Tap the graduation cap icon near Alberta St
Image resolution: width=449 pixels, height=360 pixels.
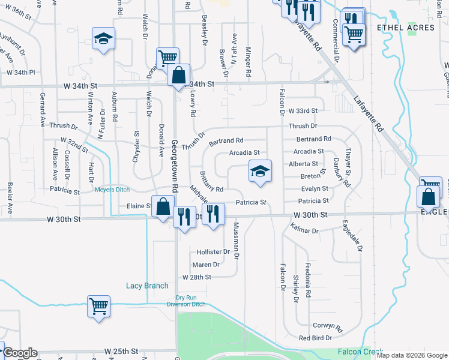tap(261, 171)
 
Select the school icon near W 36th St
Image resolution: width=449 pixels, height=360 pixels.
tap(104, 39)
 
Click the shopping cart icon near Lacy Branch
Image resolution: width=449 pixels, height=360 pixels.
tap(98, 306)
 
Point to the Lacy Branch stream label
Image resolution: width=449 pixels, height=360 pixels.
tap(147, 286)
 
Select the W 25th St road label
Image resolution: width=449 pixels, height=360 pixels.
tap(121, 350)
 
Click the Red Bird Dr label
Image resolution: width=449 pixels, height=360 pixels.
tap(316, 338)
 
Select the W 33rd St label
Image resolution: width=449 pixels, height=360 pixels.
tap(302, 111)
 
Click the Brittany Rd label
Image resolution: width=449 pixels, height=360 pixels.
tap(211, 188)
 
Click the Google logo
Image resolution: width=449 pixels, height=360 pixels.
tap(19, 353)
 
